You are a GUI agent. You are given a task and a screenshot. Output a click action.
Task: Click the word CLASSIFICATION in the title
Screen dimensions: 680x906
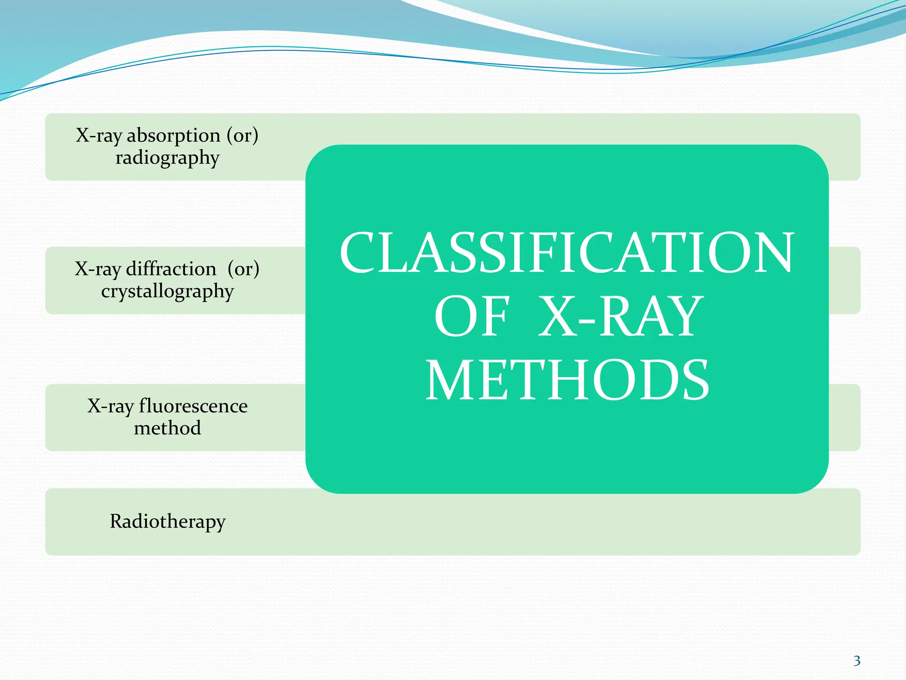coord(567,253)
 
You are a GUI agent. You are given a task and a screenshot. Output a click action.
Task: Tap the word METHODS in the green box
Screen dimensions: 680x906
coord(567,380)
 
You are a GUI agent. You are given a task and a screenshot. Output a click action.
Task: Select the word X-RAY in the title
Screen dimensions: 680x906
coord(620,317)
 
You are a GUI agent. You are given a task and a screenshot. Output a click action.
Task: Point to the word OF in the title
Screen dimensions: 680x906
coord(472,317)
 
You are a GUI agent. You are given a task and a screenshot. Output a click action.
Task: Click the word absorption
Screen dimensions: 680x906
coord(173,136)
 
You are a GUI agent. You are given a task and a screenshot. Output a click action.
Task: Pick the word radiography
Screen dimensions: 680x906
coord(167,158)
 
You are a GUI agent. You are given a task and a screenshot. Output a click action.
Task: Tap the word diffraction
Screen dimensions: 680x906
coord(171,269)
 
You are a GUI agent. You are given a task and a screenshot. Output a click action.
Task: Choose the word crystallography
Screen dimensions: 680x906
coord(167,292)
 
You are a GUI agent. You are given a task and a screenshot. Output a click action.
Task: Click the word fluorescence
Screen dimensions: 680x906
coord(193,406)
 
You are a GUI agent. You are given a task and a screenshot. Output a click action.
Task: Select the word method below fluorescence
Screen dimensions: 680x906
coord(167,428)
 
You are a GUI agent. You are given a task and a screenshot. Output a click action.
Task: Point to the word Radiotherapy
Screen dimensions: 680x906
coord(168,522)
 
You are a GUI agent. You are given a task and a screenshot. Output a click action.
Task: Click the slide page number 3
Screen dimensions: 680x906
coord(856,661)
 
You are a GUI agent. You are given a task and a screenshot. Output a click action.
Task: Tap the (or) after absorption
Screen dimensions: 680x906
coord(242,136)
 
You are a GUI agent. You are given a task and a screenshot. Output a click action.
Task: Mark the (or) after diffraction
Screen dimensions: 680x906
coord(243,269)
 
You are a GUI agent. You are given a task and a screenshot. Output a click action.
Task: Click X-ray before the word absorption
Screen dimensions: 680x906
coord(98,136)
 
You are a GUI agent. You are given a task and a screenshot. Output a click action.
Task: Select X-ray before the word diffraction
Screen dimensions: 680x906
coord(97,269)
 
